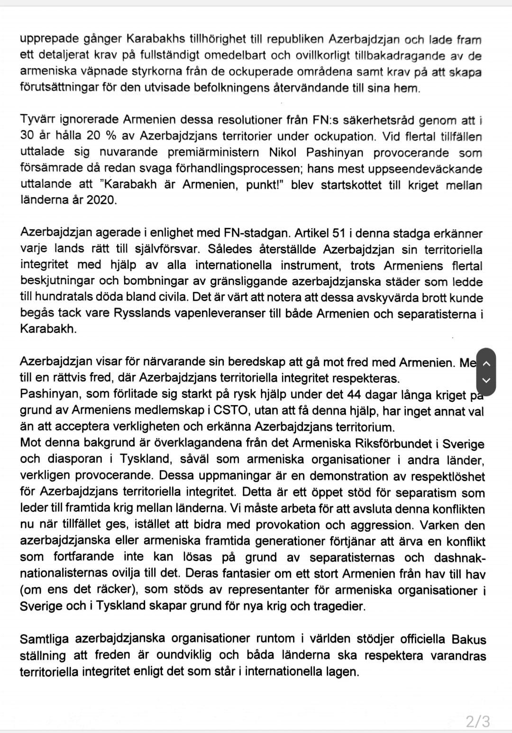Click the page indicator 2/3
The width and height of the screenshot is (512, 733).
pyautogui.click(x=477, y=721)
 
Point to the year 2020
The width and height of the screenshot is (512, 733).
pyautogui.click(x=101, y=200)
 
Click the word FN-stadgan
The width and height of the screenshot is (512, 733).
pyautogui.click(x=256, y=233)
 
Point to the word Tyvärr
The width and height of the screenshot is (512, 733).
pyautogui.click(x=37, y=120)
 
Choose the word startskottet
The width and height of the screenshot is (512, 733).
pyautogui.click(x=351, y=185)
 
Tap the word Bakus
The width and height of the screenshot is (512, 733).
pyautogui.click(x=469, y=640)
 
